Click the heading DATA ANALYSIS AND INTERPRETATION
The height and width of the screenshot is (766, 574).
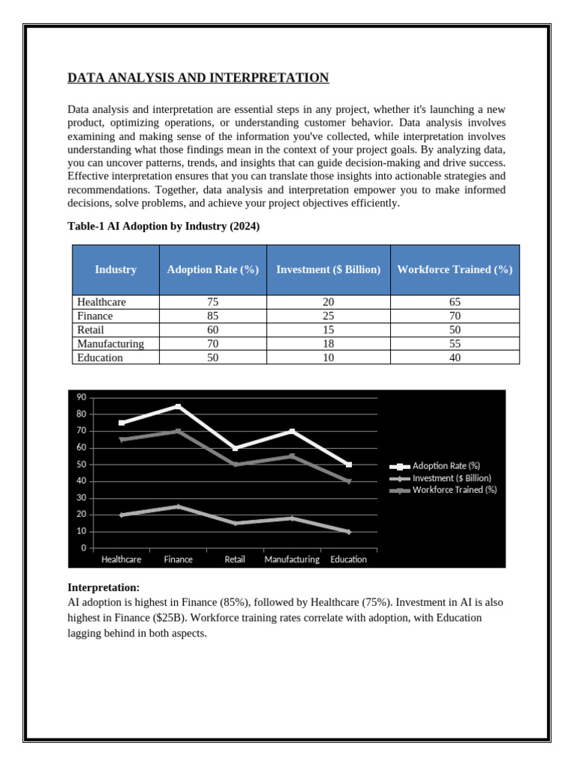point(198,78)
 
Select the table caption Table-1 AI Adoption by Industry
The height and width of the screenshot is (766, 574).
point(164,227)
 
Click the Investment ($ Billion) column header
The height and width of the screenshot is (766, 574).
point(328,269)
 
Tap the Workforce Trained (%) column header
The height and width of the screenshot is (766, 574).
point(454,269)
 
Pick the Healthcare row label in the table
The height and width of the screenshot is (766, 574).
point(102,302)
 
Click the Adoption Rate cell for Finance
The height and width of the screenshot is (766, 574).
point(213,316)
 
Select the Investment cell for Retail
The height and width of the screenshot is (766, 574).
point(328,330)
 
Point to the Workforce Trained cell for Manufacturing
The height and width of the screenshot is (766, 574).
point(454,344)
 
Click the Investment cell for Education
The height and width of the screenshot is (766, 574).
point(328,358)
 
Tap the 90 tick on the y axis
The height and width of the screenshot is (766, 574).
point(81,397)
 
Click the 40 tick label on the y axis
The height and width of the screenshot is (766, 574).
point(81,481)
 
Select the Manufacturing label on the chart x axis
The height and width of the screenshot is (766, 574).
point(291,560)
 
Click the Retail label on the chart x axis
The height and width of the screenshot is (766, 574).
point(235,560)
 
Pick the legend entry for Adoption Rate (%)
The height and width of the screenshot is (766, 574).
point(445,465)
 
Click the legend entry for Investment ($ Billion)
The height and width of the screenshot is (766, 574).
point(451,477)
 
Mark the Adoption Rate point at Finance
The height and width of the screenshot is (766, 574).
point(178,406)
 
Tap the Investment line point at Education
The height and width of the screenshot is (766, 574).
point(348,531)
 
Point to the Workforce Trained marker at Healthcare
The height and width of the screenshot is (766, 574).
point(122,439)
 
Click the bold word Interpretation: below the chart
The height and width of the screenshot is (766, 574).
point(104,587)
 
